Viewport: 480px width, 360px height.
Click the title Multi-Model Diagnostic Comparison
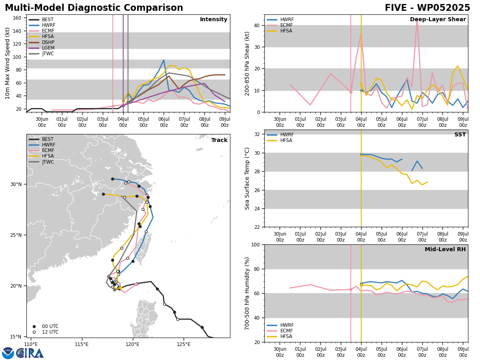tap(94, 8)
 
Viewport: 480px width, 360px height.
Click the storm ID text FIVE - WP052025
tap(427, 8)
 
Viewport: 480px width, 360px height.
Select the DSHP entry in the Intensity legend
tap(42, 42)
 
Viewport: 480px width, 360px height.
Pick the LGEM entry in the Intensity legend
tap(42, 48)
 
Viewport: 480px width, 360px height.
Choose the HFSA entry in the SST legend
tap(280, 140)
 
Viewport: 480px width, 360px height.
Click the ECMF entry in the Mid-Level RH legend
tap(280, 331)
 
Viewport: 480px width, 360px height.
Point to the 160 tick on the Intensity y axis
tap(17, 18)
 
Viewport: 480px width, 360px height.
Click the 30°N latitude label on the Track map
tap(16, 184)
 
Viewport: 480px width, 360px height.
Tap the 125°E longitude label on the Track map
tap(184, 344)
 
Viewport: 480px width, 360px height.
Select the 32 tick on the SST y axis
tap(257, 134)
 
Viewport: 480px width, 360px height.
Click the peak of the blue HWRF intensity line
tap(164, 60)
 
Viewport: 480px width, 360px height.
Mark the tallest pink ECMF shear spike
tap(417, 19)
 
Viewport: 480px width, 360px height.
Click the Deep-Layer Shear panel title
tap(438, 19)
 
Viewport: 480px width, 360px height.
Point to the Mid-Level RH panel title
tap(445, 249)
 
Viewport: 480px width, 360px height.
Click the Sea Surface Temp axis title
tap(247, 178)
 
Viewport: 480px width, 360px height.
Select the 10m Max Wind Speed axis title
tap(7, 63)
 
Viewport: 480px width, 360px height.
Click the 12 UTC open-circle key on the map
tap(34, 332)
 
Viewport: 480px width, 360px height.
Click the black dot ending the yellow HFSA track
tap(104, 194)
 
